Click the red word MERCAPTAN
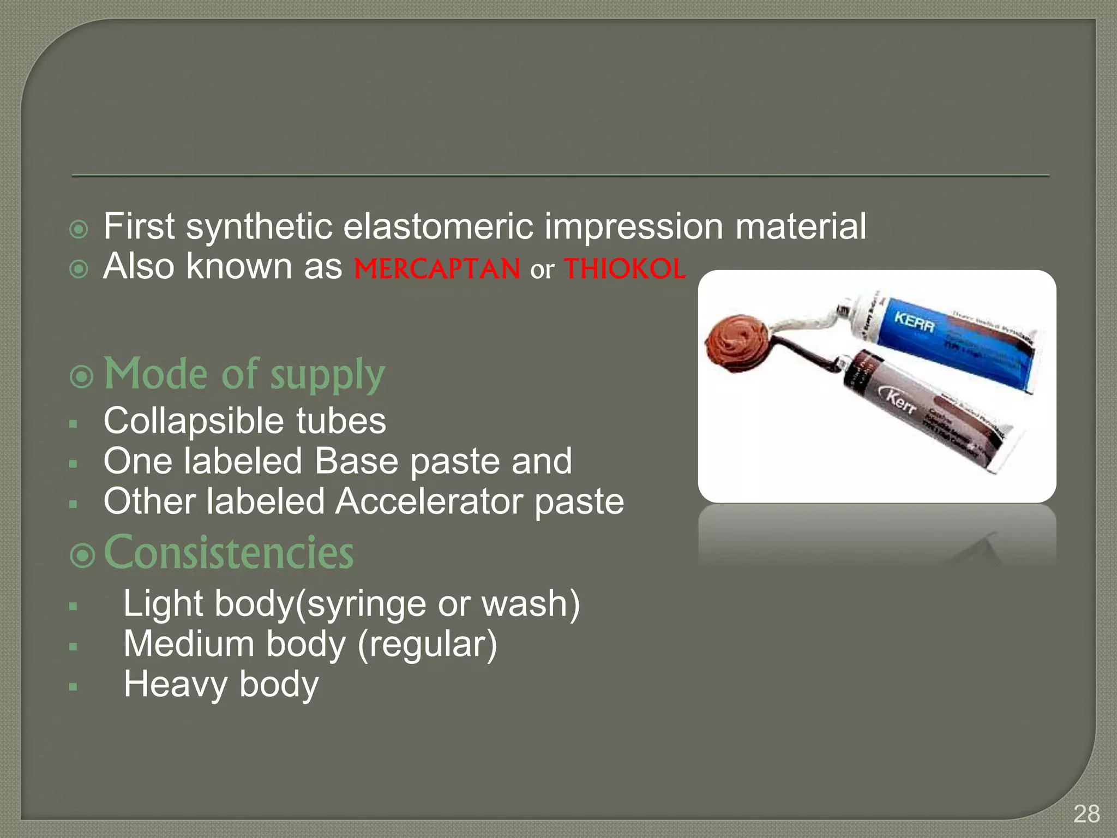pos(437,269)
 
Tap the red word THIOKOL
pos(624,269)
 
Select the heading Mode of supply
pos(244,374)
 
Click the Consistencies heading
pos(229,553)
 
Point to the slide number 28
pos(1086,815)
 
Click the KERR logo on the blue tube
pos(914,321)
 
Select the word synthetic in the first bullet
pos(259,226)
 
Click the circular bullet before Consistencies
pos(82,555)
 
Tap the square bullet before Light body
pos(74,606)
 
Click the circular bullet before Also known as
pos(79,269)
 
